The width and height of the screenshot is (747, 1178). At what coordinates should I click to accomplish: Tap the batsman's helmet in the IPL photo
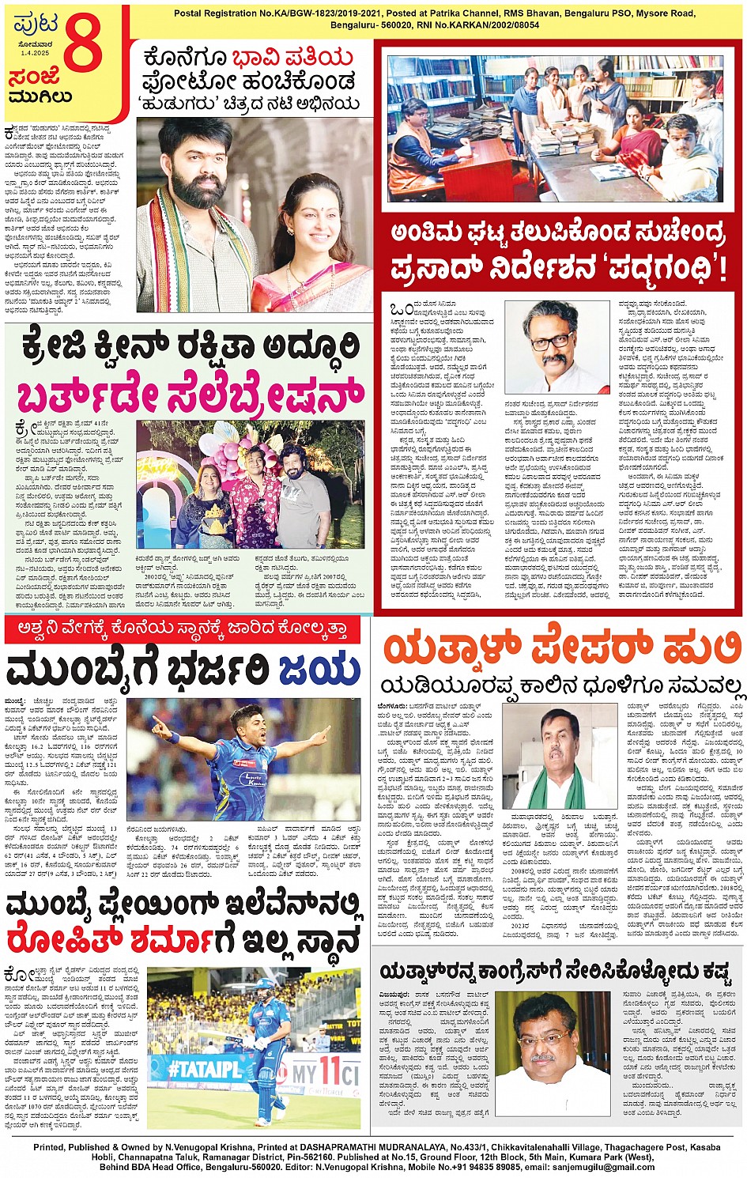pos(266,989)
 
